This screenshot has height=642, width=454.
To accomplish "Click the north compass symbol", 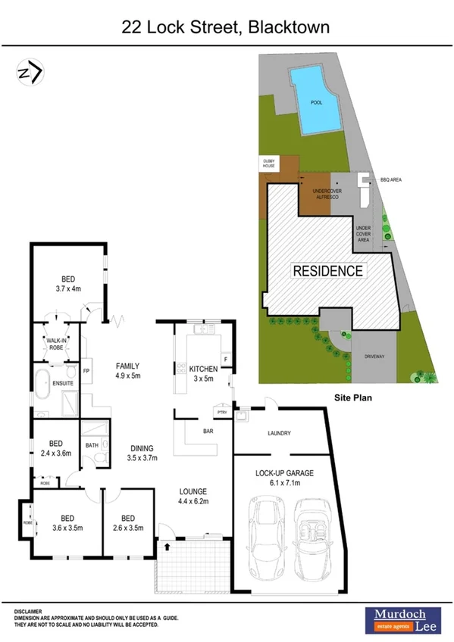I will pos(30,73).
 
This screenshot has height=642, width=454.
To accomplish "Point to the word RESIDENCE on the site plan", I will pos(329,270).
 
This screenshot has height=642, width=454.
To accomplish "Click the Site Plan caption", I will pos(354,396).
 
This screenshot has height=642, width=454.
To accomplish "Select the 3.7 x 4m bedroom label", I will pos(67,282).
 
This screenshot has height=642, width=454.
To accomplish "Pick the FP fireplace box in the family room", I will pos(86,372).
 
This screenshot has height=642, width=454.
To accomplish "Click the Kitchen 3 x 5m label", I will pos(202,372).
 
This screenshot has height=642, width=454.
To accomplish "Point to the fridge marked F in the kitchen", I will pos(225,358).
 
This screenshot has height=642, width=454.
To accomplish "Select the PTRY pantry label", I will pos(222,413).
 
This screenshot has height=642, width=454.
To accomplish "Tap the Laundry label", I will pos(279,434).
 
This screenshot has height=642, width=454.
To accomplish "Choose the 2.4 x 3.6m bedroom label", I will pos(55,448).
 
